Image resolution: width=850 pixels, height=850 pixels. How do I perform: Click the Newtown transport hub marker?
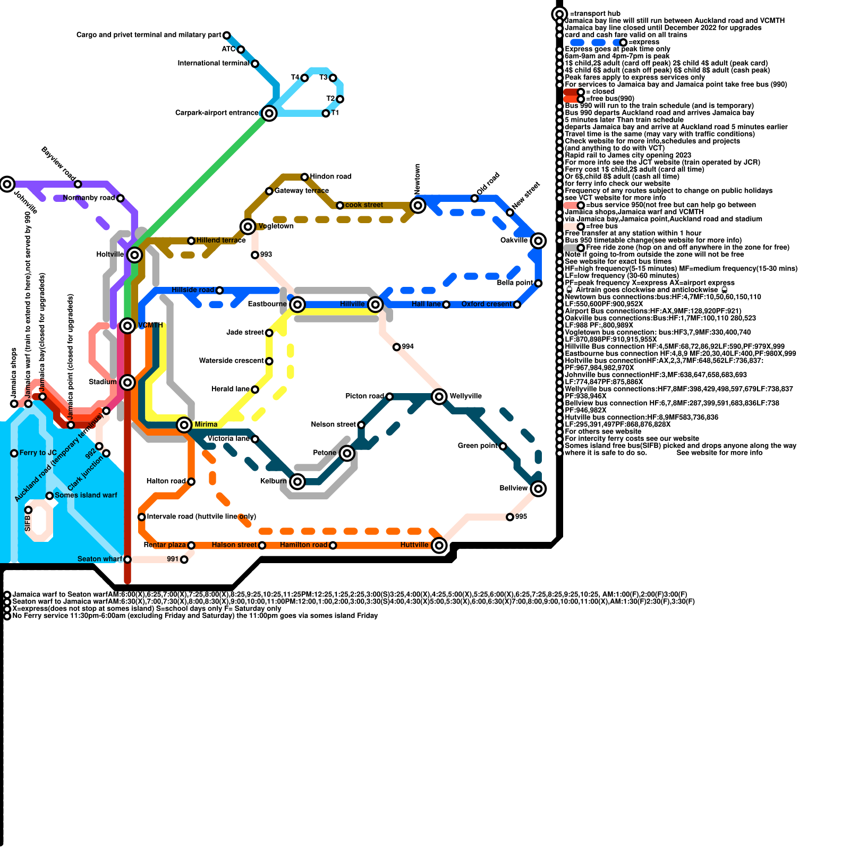click(418, 206)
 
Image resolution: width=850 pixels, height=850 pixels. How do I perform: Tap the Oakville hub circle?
click(538, 241)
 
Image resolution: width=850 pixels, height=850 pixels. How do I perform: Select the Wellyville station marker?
click(439, 396)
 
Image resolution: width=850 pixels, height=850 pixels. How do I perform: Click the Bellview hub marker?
click(538, 488)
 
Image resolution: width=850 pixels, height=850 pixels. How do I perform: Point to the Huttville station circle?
click(439, 545)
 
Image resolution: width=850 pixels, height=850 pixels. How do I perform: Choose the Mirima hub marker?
click(184, 424)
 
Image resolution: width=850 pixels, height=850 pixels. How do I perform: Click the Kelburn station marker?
click(297, 481)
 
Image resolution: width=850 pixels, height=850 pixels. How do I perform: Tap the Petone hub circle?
click(347, 453)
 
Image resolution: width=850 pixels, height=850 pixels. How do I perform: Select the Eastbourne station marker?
click(297, 304)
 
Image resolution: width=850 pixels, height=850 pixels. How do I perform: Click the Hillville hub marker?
click(376, 304)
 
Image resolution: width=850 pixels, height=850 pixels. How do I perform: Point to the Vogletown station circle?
click(248, 227)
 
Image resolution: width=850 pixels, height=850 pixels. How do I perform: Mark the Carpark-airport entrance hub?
click(269, 113)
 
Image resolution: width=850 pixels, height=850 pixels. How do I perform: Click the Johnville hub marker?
click(7, 184)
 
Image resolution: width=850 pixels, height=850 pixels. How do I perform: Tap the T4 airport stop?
click(304, 78)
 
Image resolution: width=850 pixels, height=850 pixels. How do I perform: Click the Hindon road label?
click(330, 176)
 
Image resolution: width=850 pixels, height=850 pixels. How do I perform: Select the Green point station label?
click(478, 446)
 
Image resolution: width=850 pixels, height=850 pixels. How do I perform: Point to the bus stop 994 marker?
click(397, 347)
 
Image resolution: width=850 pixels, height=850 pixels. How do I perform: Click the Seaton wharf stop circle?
click(127, 559)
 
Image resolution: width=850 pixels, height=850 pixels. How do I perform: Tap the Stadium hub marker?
click(127, 382)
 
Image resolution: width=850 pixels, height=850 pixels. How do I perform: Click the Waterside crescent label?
click(231, 361)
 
